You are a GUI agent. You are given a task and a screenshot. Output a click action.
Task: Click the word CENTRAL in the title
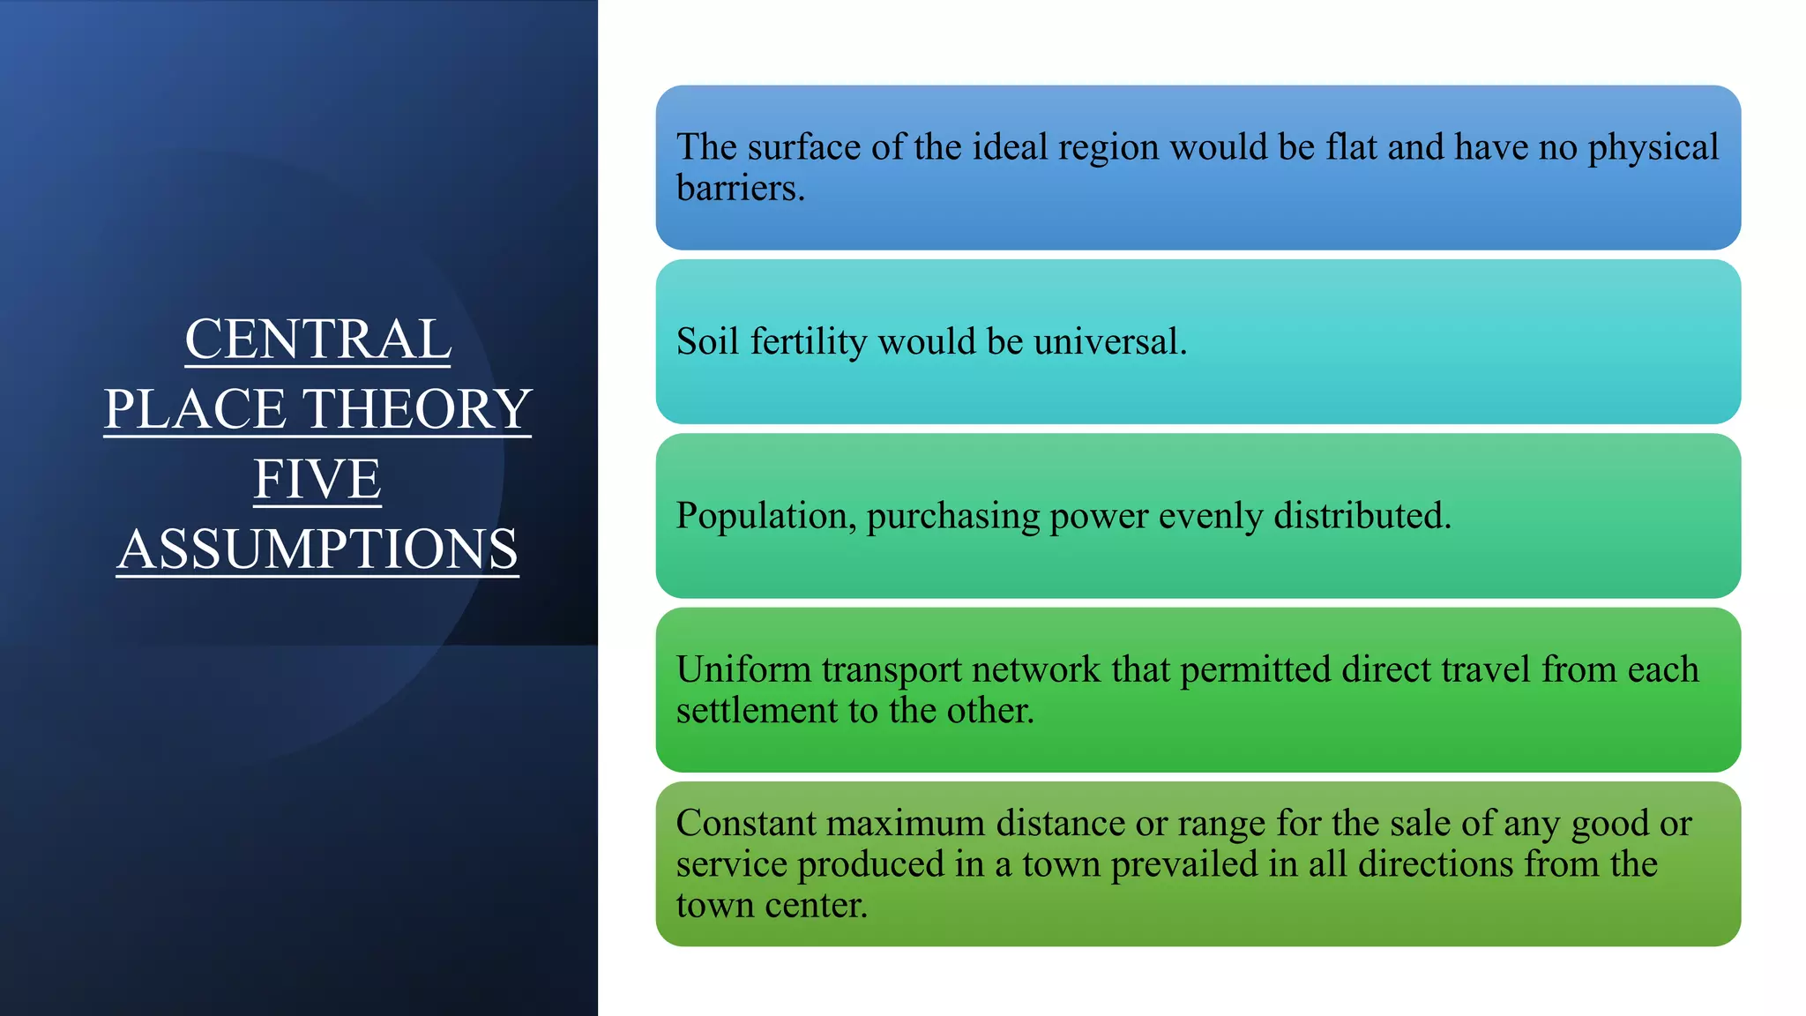click(317, 340)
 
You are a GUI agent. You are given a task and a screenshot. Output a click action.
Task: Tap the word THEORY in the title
click(417, 409)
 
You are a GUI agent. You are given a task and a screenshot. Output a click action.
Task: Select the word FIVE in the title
click(317, 479)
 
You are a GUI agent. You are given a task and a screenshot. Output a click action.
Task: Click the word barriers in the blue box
click(740, 188)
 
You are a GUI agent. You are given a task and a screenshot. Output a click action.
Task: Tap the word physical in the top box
click(1653, 147)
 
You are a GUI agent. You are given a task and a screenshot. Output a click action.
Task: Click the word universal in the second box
click(1110, 341)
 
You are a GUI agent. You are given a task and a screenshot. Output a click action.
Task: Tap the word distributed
click(1362, 516)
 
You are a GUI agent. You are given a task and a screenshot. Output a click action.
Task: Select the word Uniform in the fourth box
click(743, 669)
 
